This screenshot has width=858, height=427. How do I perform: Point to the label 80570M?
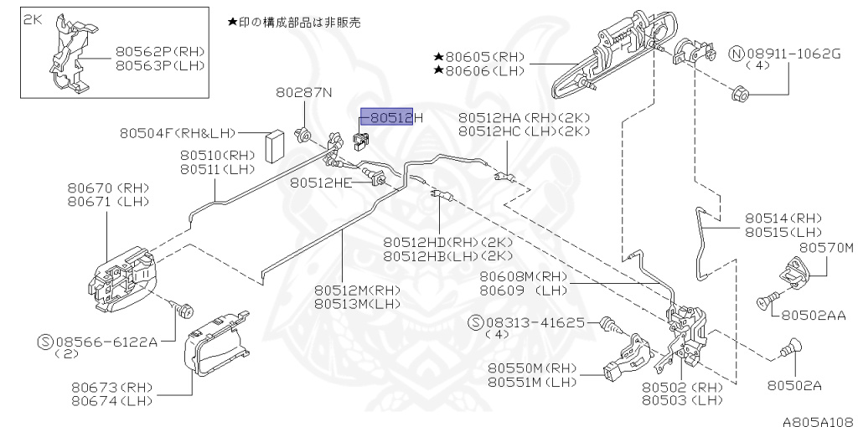tap(825, 248)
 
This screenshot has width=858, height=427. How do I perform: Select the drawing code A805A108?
tap(818, 418)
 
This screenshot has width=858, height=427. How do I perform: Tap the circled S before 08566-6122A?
tap(47, 341)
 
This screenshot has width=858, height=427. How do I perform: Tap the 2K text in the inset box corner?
tap(32, 18)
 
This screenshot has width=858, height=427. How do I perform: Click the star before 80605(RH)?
tap(437, 56)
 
